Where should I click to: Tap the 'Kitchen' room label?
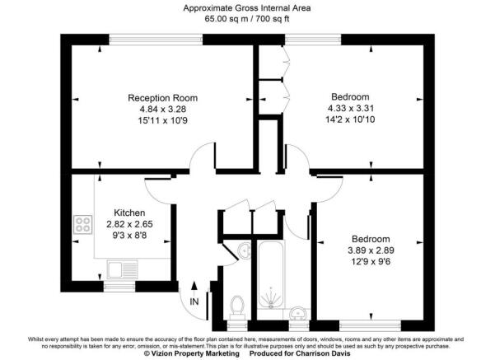click(x=129, y=212)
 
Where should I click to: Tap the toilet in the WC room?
click(x=238, y=306)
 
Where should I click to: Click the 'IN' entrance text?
click(x=194, y=302)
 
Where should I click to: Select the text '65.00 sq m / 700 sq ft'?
click(x=247, y=19)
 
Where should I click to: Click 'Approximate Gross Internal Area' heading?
click(x=247, y=7)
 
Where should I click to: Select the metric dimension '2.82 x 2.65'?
click(x=129, y=223)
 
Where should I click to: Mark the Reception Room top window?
click(x=156, y=38)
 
